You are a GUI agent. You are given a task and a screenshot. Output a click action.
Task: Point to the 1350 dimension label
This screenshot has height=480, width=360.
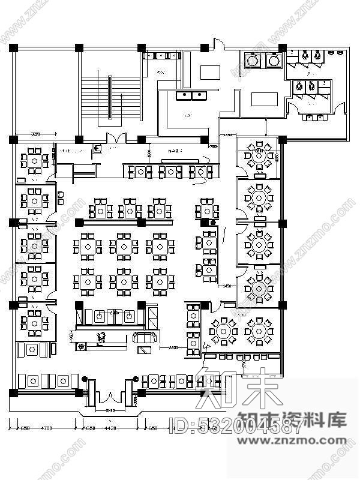click(x=228, y=135)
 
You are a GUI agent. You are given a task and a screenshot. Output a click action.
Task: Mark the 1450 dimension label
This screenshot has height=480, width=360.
click(x=227, y=286)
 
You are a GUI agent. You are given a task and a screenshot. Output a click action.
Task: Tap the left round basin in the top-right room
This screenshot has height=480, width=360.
click(x=253, y=60)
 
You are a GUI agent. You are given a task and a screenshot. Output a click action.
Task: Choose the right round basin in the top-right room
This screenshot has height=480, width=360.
click(x=275, y=60)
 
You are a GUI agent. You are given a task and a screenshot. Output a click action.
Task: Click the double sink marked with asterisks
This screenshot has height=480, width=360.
click(x=191, y=95)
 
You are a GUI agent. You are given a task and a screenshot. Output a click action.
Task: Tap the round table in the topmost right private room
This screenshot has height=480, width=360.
click(x=260, y=155)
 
